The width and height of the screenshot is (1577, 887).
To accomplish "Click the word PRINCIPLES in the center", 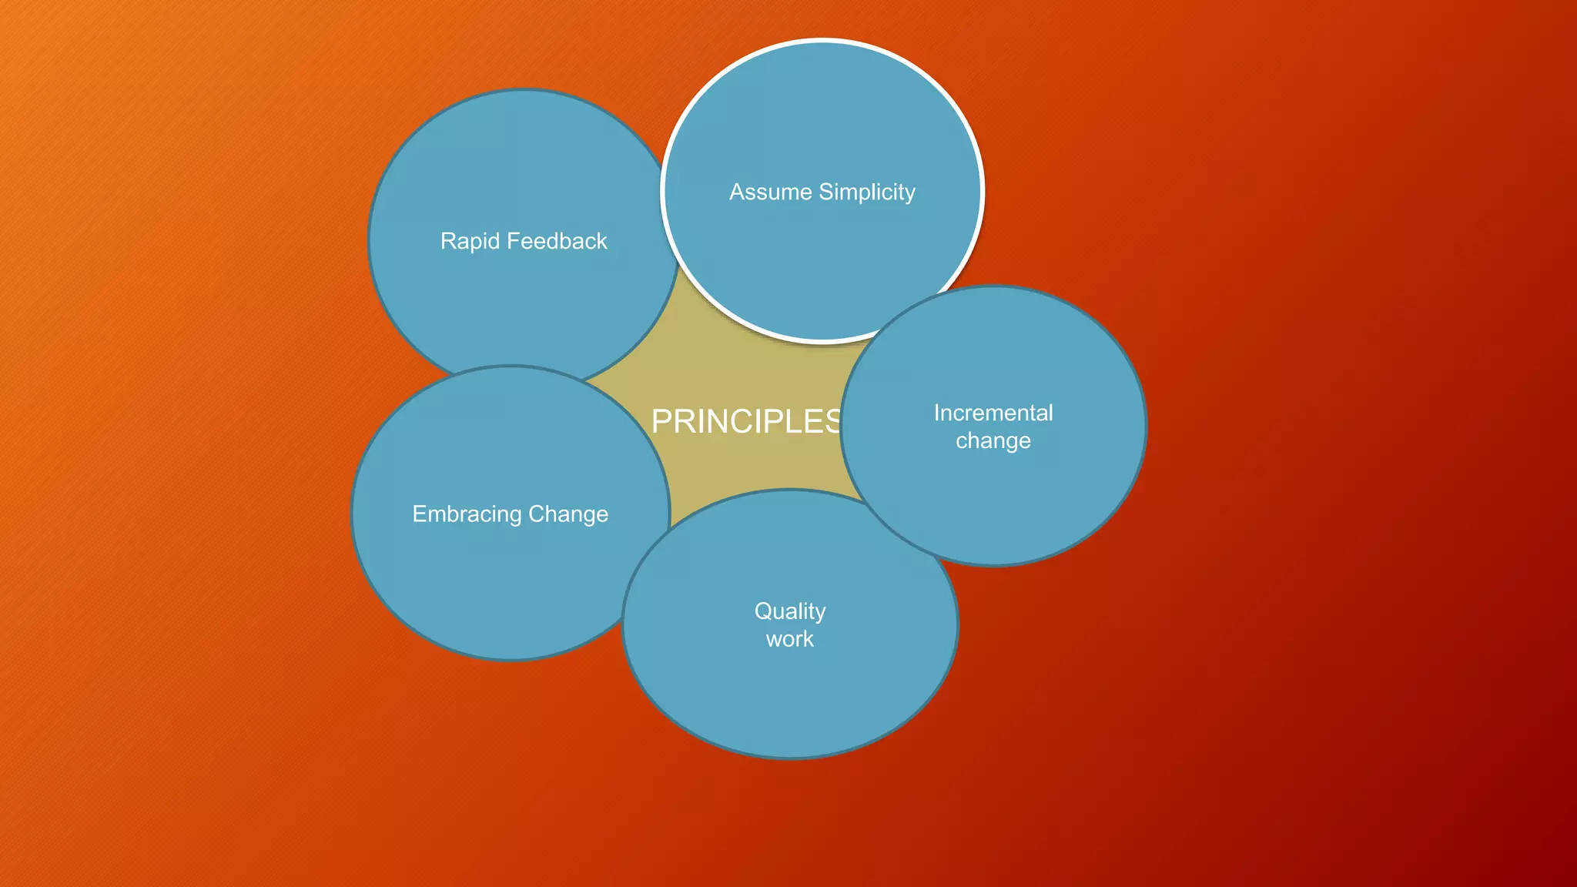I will point(745,421).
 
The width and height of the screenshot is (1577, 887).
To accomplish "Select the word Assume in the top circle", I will point(770,192).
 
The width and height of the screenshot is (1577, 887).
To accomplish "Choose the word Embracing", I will point(467,514).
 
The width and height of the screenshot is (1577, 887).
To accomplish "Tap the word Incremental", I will point(993,413).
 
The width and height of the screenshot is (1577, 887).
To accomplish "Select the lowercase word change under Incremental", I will point(993,441).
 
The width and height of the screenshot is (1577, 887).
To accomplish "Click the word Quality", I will point(790,611).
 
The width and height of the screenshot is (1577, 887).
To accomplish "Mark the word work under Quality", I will point(790,639).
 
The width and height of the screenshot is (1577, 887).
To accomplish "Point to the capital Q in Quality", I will point(763,611).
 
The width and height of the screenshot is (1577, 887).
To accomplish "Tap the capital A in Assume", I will point(737,192).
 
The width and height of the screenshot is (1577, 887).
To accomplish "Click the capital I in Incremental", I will point(937,413).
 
